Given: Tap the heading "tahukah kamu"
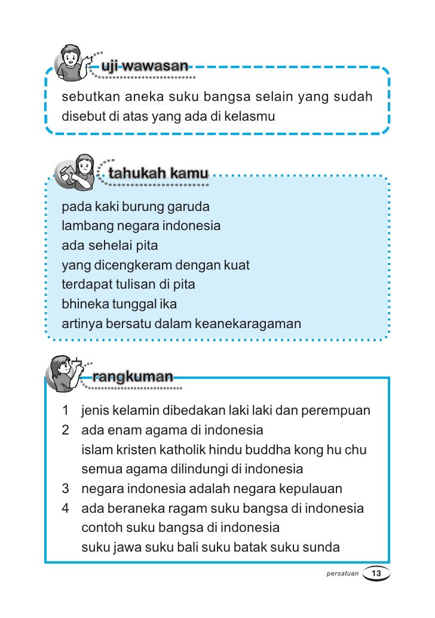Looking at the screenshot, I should pos(158,174).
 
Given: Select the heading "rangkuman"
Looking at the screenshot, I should pos(133,377).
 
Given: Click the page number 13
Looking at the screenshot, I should pos(376,574).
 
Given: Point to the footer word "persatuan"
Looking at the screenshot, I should pos(342,574).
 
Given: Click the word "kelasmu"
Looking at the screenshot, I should pos(251,116).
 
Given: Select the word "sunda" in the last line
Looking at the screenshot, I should pos(323,547).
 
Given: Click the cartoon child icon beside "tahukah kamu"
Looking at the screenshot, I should pos(78,171).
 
